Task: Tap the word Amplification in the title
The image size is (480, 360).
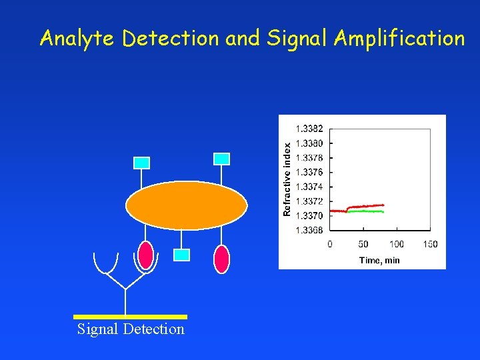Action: pyautogui.click(x=399, y=39)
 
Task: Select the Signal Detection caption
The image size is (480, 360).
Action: pyautogui.click(x=131, y=329)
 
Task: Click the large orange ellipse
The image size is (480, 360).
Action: pyautogui.click(x=187, y=205)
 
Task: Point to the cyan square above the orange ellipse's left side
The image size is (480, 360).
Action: pyautogui.click(x=142, y=163)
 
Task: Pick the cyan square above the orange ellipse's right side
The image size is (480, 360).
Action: pyautogui.click(x=222, y=159)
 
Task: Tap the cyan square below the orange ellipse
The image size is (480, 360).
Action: pyautogui.click(x=181, y=255)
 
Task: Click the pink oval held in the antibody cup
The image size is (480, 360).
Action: pyautogui.click(x=145, y=255)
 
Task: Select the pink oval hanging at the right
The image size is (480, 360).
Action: pyautogui.click(x=222, y=259)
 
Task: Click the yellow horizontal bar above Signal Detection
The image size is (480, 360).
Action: pyautogui.click(x=130, y=317)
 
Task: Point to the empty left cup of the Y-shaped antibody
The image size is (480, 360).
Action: pyautogui.click(x=106, y=264)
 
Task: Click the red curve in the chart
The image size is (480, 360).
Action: pyautogui.click(x=367, y=206)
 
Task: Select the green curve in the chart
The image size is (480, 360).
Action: pyautogui.click(x=367, y=211)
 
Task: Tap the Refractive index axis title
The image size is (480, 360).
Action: pyautogui.click(x=287, y=178)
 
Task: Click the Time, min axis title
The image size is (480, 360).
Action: pyautogui.click(x=379, y=260)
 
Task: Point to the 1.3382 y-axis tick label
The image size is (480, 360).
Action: pyautogui.click(x=309, y=128)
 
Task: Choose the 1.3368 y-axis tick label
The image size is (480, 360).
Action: pyautogui.click(x=309, y=231)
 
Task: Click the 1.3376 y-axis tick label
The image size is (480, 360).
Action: pyautogui.click(x=309, y=172)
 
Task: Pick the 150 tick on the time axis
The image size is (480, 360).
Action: pyautogui.click(x=430, y=244)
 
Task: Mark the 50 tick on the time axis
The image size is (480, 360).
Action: pyautogui.click(x=363, y=244)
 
